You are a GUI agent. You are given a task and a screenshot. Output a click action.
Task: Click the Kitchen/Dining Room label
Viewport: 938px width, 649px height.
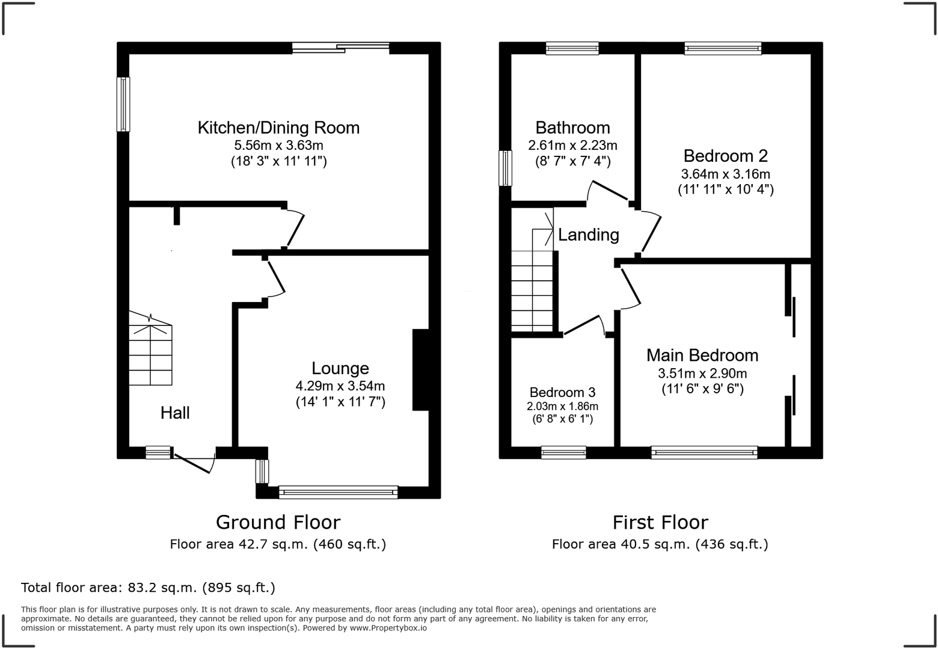(x=278, y=128)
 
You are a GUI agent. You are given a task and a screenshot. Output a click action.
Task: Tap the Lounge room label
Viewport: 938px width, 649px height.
(x=340, y=368)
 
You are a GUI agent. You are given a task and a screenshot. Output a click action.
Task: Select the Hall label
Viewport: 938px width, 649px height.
(x=175, y=413)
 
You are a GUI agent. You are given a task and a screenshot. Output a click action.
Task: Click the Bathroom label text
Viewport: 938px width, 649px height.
(x=572, y=128)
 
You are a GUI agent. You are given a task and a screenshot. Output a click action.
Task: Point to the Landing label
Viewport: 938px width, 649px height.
(x=588, y=235)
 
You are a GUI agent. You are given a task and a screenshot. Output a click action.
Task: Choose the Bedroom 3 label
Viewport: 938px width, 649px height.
(x=562, y=392)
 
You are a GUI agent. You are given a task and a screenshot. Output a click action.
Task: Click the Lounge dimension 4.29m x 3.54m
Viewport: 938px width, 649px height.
(x=340, y=386)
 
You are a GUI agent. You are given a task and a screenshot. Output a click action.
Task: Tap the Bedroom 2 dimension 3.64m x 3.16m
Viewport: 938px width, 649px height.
(x=725, y=174)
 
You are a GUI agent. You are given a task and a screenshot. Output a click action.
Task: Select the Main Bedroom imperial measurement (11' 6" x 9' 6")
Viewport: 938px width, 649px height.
(x=702, y=389)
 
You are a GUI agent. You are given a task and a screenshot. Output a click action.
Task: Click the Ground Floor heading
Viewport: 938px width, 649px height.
(x=278, y=522)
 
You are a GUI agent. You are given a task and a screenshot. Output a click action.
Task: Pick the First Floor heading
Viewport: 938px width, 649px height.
(x=660, y=522)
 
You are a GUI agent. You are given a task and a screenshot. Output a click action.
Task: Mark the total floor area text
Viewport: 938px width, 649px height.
(x=148, y=587)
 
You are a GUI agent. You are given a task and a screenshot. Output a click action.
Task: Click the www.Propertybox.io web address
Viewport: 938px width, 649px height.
(x=388, y=628)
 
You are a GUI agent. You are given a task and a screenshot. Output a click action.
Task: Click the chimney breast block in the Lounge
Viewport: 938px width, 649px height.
(x=420, y=369)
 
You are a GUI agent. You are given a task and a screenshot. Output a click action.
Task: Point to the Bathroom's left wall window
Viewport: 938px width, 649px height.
(x=506, y=168)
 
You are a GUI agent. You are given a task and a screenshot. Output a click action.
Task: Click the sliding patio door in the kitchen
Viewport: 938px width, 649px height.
(x=340, y=48)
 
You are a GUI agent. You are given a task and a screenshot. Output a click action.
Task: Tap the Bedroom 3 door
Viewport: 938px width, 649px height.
(x=583, y=325)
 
